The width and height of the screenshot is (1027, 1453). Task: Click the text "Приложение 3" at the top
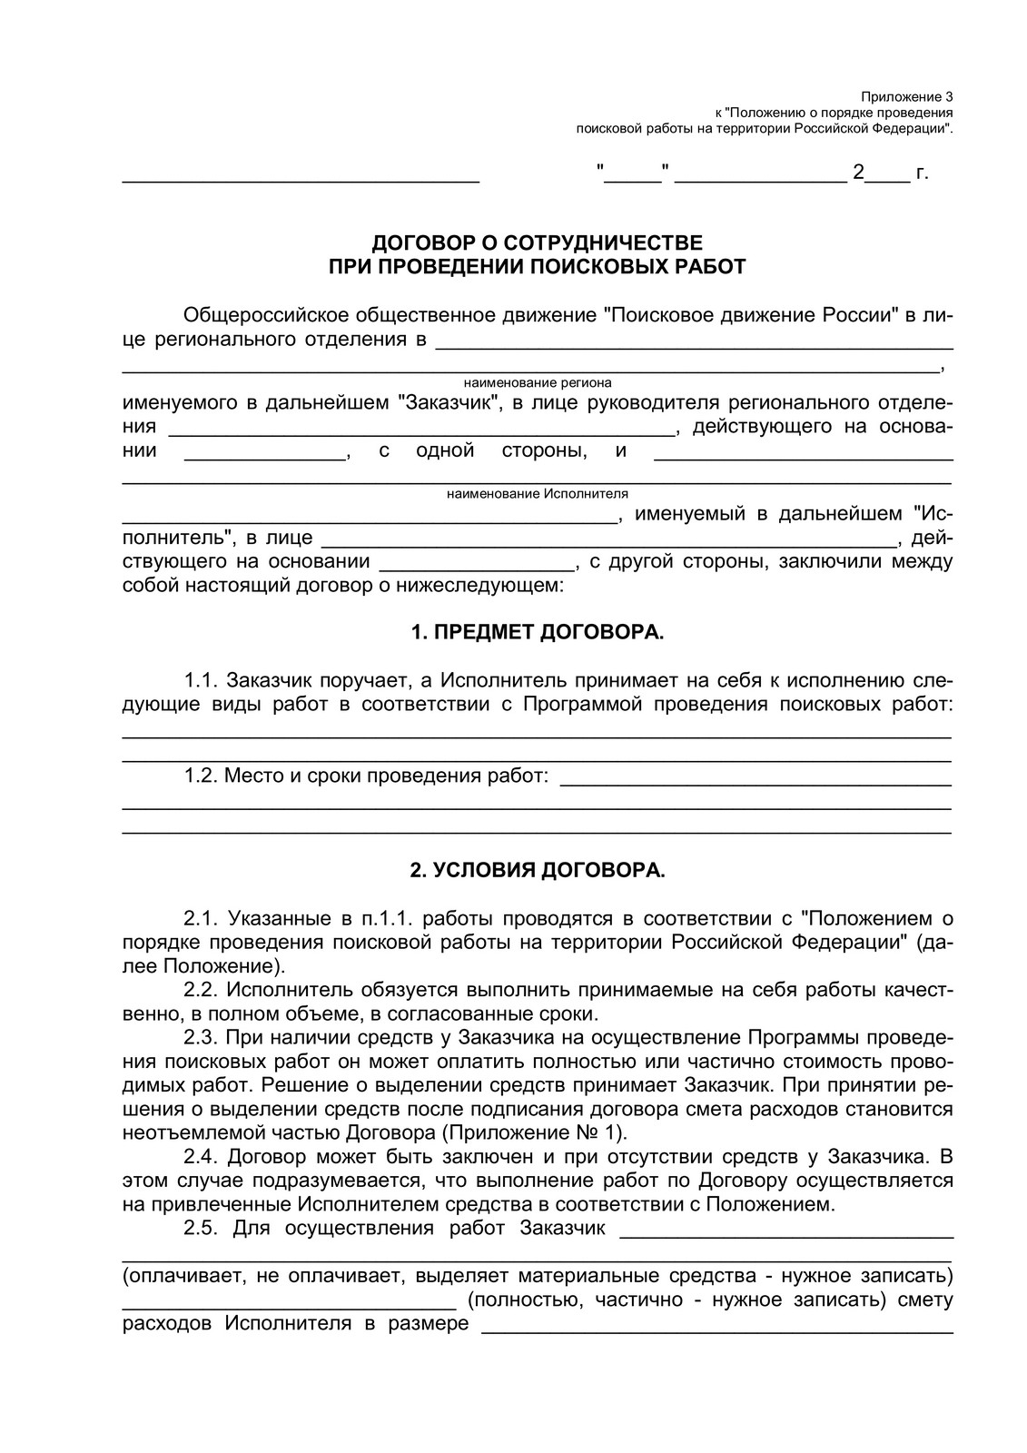coord(907,96)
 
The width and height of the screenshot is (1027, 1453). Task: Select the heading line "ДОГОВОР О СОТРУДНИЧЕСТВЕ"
coord(538,243)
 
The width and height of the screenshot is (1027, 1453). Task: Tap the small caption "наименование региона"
coord(538,383)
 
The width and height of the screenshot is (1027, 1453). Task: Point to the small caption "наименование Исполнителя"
coord(538,494)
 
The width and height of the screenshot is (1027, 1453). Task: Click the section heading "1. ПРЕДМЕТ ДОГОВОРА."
coord(538,632)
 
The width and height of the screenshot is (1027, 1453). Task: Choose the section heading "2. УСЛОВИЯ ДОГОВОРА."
coord(538,871)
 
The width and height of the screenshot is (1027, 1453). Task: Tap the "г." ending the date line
coord(922,173)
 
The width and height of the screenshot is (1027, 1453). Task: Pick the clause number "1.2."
coord(201,776)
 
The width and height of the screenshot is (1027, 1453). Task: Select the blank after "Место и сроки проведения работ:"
coord(755,779)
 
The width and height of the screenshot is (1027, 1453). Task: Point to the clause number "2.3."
coord(201,1037)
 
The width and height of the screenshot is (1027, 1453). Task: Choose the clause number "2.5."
coord(201,1229)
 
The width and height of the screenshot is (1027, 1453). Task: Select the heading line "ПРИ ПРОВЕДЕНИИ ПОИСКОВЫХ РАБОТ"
coord(538,267)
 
